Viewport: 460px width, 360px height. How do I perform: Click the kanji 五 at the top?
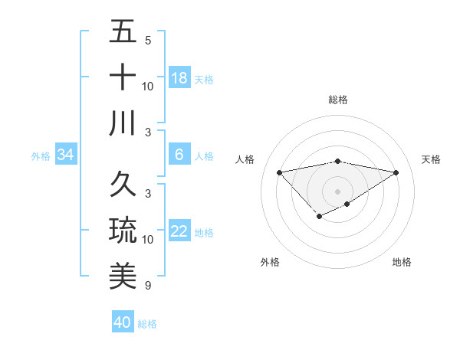[x=123, y=33]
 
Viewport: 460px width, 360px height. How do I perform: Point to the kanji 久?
[x=123, y=185]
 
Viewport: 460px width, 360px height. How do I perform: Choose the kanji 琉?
[x=123, y=230]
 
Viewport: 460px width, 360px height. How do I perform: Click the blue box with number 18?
[x=179, y=77]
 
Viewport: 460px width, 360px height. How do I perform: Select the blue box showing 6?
[x=179, y=155]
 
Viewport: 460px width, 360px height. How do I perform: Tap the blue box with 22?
[x=179, y=231]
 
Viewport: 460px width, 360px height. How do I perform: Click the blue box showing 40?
[x=123, y=322]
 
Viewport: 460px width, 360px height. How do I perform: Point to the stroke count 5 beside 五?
[x=147, y=41]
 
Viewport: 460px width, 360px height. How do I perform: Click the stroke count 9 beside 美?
[x=147, y=286]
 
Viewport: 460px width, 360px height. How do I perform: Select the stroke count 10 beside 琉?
[x=148, y=240]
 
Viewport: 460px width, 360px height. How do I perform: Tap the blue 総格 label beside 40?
[x=147, y=324]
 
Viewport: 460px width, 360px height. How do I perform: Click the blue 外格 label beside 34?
[x=41, y=156]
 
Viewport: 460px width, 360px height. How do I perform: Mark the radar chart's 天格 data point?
[x=396, y=172]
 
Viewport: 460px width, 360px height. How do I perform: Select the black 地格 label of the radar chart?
[x=402, y=262]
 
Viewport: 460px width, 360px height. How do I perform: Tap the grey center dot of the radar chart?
[x=337, y=191]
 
